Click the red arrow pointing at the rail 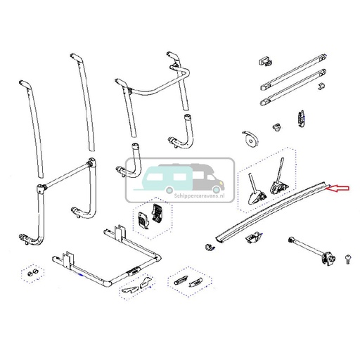coord(339,188)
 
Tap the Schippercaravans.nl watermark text coord(199,195)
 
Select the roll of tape coord(250,139)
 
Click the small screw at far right coord(347,259)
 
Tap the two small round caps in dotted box coord(32,273)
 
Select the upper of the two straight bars coord(293,72)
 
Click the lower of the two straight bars coord(293,87)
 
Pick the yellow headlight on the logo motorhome coord(221,182)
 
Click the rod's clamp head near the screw coord(329,259)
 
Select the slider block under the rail coord(252,237)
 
